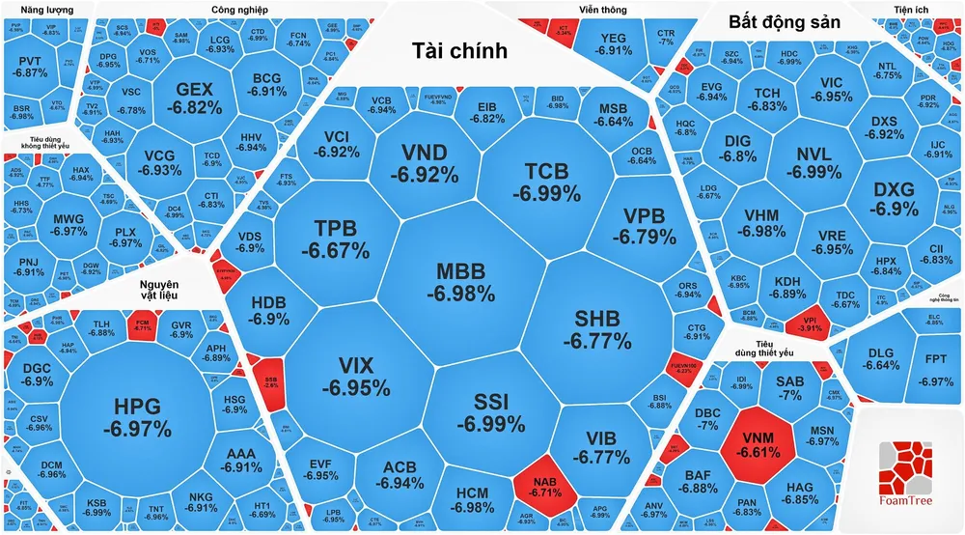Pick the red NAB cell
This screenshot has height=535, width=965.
click(544, 483)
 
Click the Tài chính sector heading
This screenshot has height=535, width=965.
click(458, 51)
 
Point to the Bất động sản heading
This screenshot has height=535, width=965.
click(784, 21)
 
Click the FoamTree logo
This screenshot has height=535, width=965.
click(907, 473)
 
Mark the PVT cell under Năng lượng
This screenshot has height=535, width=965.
click(32, 67)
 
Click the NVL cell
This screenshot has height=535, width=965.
click(806, 163)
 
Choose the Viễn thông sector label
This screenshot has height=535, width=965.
click(602, 10)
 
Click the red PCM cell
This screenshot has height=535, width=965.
click(143, 324)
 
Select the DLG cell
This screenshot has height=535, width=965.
click(881, 358)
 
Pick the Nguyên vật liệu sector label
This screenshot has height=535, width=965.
click(158, 291)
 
